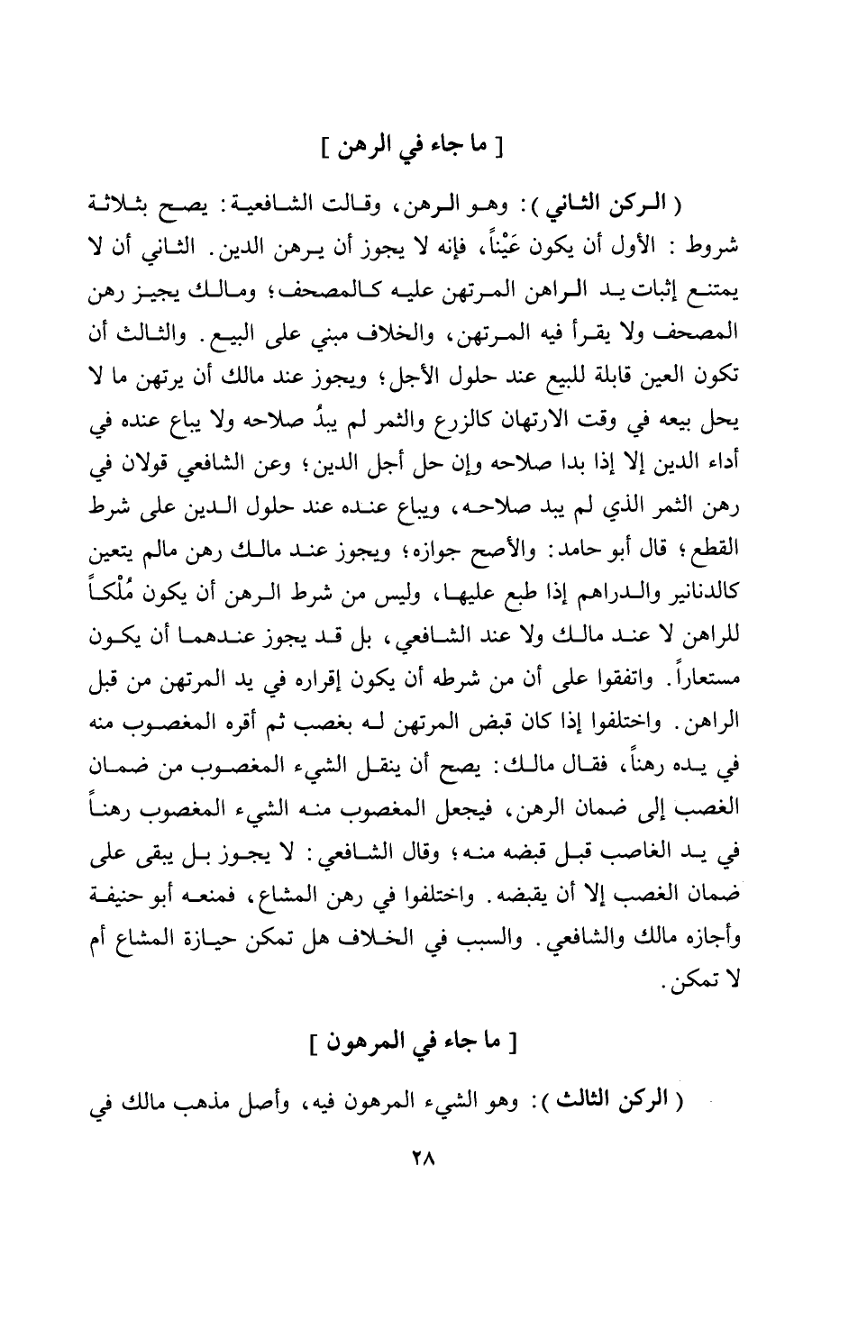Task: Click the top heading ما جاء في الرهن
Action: [414, 146]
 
